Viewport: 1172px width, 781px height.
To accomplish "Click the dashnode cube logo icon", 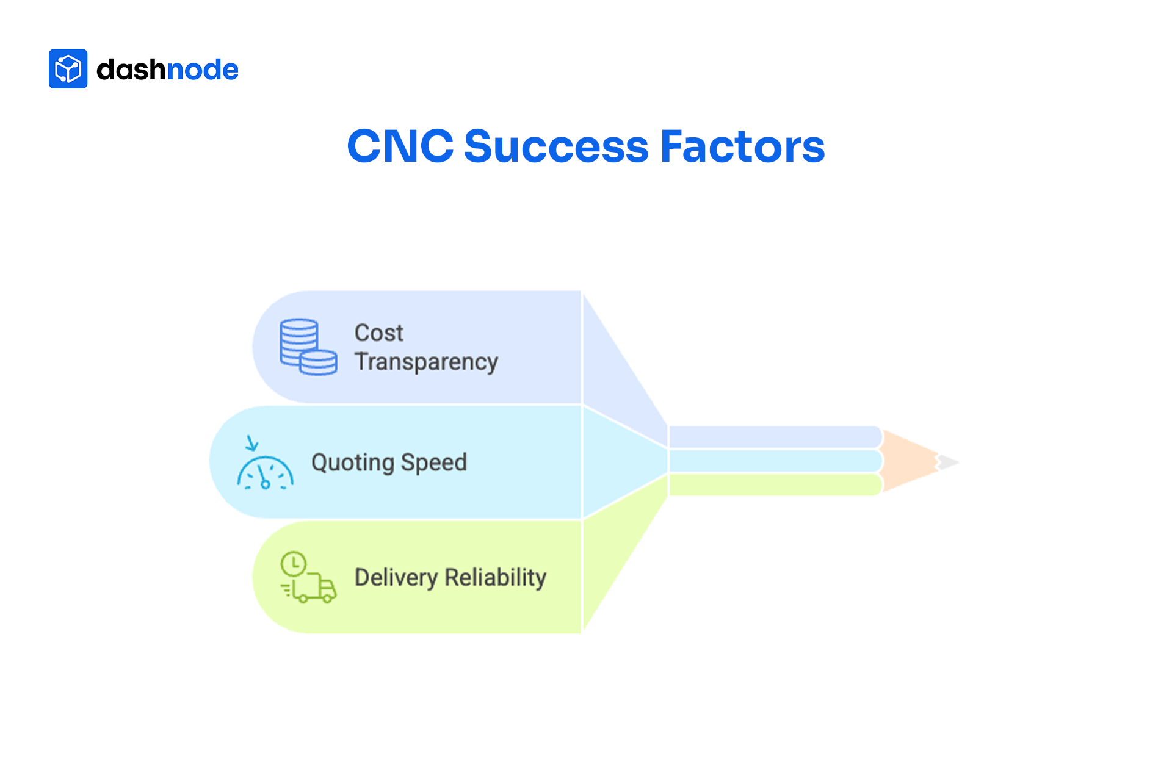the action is coord(68,69).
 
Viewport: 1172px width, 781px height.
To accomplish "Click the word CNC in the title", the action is coord(400,147).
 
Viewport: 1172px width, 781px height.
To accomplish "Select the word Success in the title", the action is coord(556,147).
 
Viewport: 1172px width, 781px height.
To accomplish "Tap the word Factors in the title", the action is coord(742,147).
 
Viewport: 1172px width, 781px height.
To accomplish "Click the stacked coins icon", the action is coord(308,347).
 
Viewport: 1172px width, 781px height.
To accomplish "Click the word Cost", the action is coord(378,333).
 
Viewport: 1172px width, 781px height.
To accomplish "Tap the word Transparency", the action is coord(426,362).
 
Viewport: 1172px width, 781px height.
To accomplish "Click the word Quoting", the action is coord(352,463).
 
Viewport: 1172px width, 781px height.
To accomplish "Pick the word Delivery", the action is coord(396,578).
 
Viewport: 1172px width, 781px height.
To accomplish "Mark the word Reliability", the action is coord(495,577).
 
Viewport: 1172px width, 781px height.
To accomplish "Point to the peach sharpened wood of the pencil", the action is coord(907,461).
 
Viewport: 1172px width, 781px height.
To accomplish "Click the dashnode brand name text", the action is coord(167,70).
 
